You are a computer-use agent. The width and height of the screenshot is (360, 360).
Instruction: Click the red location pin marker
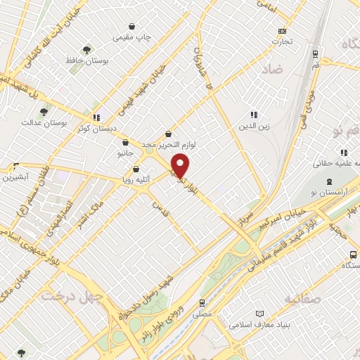tap(181, 165)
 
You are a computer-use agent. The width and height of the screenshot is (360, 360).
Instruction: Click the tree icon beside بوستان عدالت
tap(44, 111)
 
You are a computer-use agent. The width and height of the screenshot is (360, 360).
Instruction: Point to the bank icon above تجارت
tap(283, 31)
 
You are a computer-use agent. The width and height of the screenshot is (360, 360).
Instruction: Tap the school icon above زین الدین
tap(254, 115)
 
